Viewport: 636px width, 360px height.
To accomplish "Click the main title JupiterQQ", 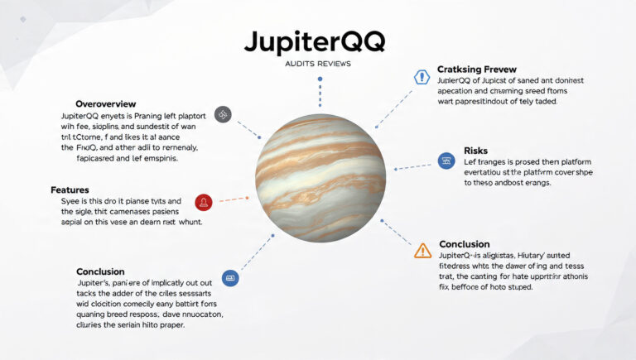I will pyautogui.click(x=318, y=43).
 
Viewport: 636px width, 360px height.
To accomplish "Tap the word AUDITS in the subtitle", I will pyautogui.click(x=300, y=64).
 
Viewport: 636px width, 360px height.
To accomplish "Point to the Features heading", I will pyautogui.click(x=70, y=190).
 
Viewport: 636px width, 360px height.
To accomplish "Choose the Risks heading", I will pyautogui.click(x=475, y=150).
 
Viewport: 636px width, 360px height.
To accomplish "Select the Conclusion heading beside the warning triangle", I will pyautogui.click(x=465, y=244).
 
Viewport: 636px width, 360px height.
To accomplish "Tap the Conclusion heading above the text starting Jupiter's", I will pyautogui.click(x=100, y=271).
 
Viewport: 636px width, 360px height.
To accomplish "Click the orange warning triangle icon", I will pyautogui.click(x=423, y=250).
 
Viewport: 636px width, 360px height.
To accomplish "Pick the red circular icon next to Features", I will pyautogui.click(x=204, y=201).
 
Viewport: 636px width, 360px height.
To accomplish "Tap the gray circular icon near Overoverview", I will pyautogui.click(x=222, y=114).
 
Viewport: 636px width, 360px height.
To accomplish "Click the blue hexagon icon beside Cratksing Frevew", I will pyautogui.click(x=421, y=77).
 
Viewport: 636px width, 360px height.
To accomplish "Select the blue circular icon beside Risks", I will pyautogui.click(x=446, y=161).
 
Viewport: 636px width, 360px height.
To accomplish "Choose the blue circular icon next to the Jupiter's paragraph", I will pyautogui.click(x=230, y=278).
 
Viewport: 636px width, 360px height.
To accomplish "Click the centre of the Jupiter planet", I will pyautogui.click(x=320, y=179).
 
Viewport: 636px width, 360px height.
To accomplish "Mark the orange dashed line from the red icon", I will pyautogui.click(x=235, y=199).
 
